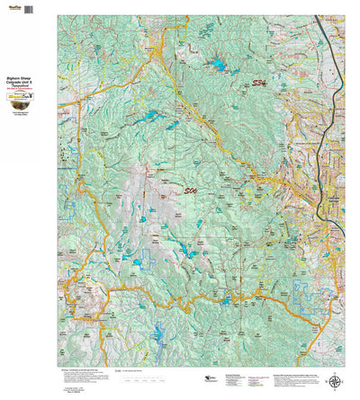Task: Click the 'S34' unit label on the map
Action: coord(259,84)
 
